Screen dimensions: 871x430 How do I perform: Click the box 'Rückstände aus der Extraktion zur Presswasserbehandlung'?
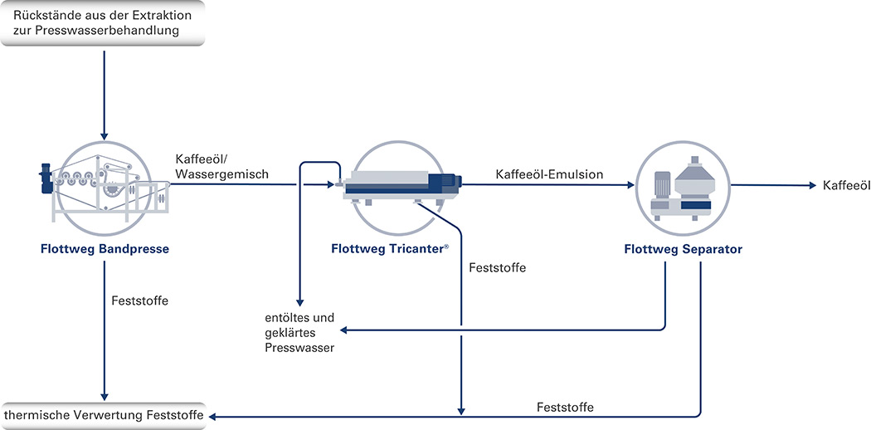point(103,22)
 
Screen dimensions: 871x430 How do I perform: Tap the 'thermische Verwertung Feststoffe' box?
point(103,416)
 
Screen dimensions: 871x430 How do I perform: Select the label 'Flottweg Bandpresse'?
point(105,249)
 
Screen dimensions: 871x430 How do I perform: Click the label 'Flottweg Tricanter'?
point(390,249)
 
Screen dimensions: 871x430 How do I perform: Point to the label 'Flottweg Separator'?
point(683,249)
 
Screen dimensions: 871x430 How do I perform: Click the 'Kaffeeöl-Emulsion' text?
point(549,173)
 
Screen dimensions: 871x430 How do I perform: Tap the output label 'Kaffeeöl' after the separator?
point(846,186)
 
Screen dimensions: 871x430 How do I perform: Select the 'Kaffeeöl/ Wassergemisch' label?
point(221,166)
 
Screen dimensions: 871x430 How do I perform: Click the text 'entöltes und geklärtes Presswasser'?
point(300,334)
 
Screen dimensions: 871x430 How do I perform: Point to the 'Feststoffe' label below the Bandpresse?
point(140,301)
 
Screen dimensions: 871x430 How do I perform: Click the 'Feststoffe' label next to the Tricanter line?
point(497,268)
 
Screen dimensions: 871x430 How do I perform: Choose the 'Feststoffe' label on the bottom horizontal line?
point(565,408)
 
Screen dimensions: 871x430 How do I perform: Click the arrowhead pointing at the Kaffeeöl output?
point(813,186)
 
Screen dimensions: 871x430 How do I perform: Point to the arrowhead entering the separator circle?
point(630,185)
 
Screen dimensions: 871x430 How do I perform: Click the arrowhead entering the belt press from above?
point(104,135)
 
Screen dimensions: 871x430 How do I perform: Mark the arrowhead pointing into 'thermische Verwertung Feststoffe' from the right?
point(212,416)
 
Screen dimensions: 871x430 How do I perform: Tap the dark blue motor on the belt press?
point(45,178)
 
